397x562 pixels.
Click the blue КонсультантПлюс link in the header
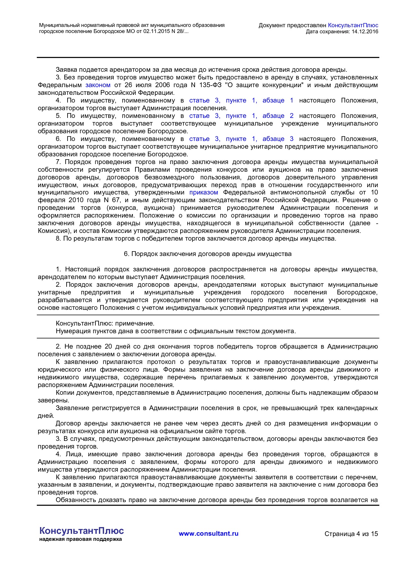[x=353, y=25]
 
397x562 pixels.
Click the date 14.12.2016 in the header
[x=365, y=31]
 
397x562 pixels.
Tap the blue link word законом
[x=98, y=85]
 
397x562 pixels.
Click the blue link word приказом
[x=204, y=193]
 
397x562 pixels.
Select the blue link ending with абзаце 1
[x=241, y=101]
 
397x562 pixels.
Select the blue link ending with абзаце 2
[x=241, y=116]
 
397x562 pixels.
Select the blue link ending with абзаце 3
[x=241, y=139]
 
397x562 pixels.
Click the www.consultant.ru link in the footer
[x=208, y=533]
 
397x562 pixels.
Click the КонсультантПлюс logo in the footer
[x=82, y=531]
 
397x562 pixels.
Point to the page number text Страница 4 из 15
[x=351, y=534]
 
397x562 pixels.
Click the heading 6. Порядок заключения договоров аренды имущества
[x=207, y=254]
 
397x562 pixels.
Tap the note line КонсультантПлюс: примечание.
[x=105, y=324]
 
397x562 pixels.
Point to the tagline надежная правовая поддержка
[x=80, y=539]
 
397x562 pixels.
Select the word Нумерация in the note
[x=71, y=331]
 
